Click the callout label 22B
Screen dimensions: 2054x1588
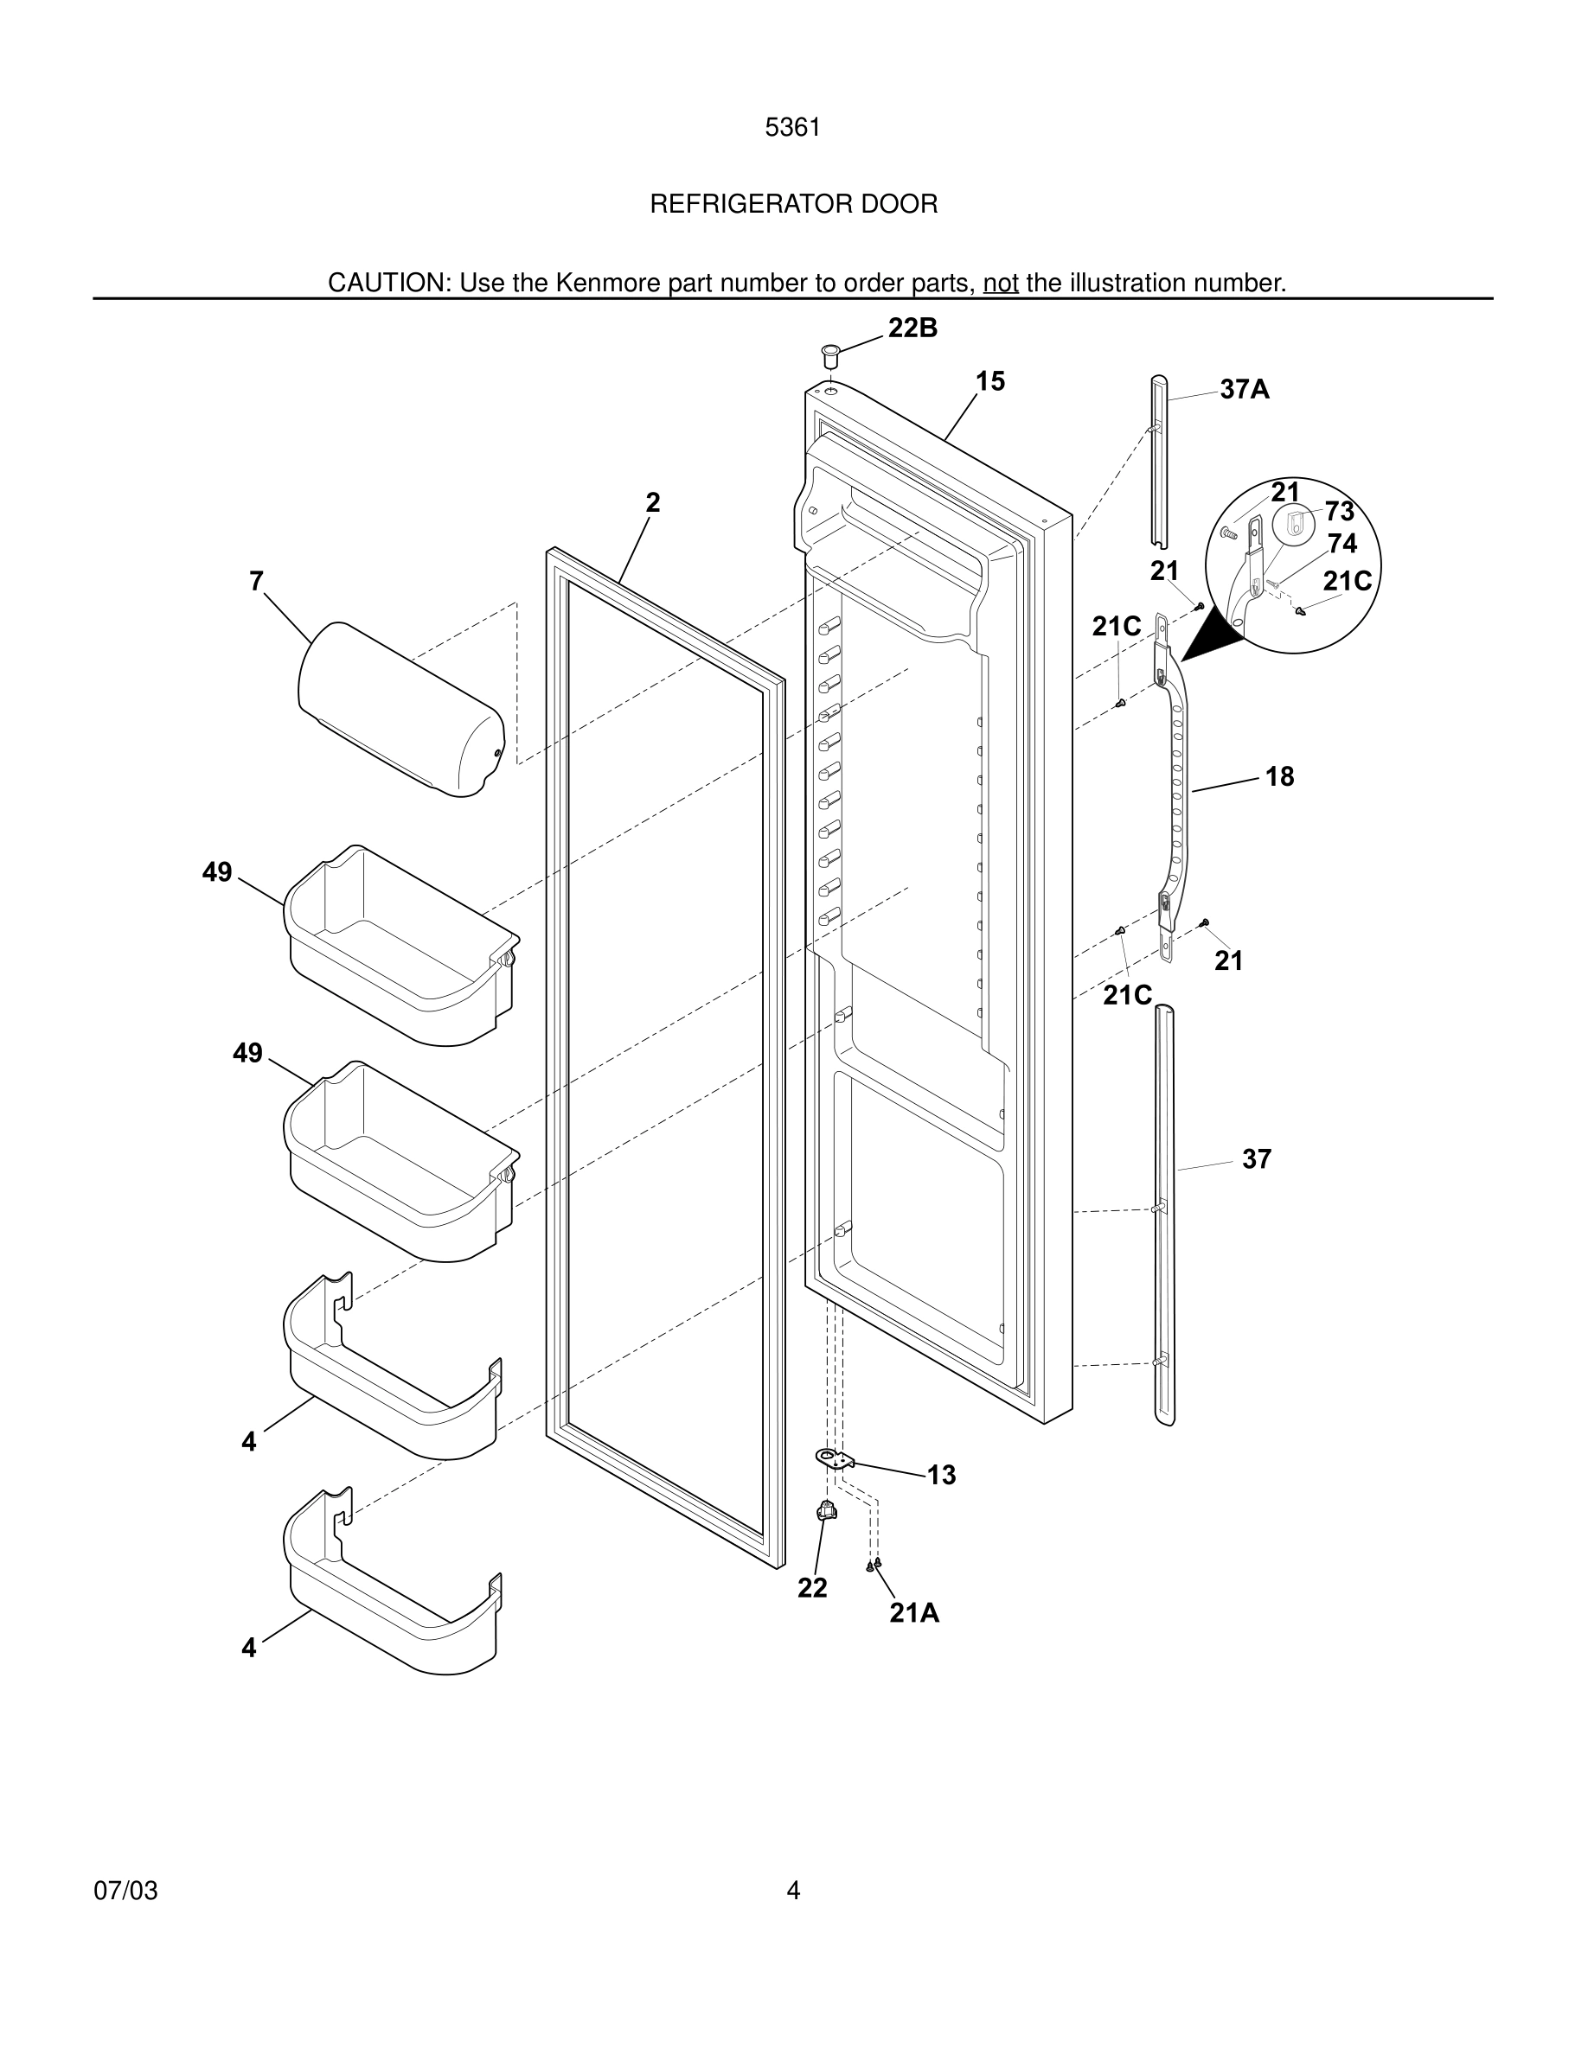pyautogui.click(x=912, y=328)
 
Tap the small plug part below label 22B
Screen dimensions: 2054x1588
pyautogui.click(x=830, y=356)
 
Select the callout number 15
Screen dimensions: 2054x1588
pyautogui.click(x=989, y=381)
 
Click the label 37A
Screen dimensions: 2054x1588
pyautogui.click(x=1244, y=389)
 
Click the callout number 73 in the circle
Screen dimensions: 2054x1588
pyautogui.click(x=1339, y=511)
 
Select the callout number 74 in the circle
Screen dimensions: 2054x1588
pyautogui.click(x=1341, y=544)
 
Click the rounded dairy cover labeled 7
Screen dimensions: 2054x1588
pyautogui.click(x=400, y=710)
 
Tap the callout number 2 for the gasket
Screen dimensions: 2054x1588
pyautogui.click(x=653, y=502)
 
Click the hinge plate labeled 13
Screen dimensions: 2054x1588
pyautogui.click(x=834, y=1458)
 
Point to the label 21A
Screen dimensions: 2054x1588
pyautogui.click(x=914, y=1613)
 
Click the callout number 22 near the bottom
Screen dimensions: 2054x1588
pyautogui.click(x=812, y=1587)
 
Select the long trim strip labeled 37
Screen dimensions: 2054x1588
pyautogui.click(x=1165, y=1213)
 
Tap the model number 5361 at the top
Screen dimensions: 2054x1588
pyautogui.click(x=793, y=127)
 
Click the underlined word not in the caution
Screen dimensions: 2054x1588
pyautogui.click(x=1000, y=283)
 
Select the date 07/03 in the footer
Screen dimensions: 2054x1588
pyautogui.click(x=125, y=1891)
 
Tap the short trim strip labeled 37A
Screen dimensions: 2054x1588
pyautogui.click(x=1158, y=461)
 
